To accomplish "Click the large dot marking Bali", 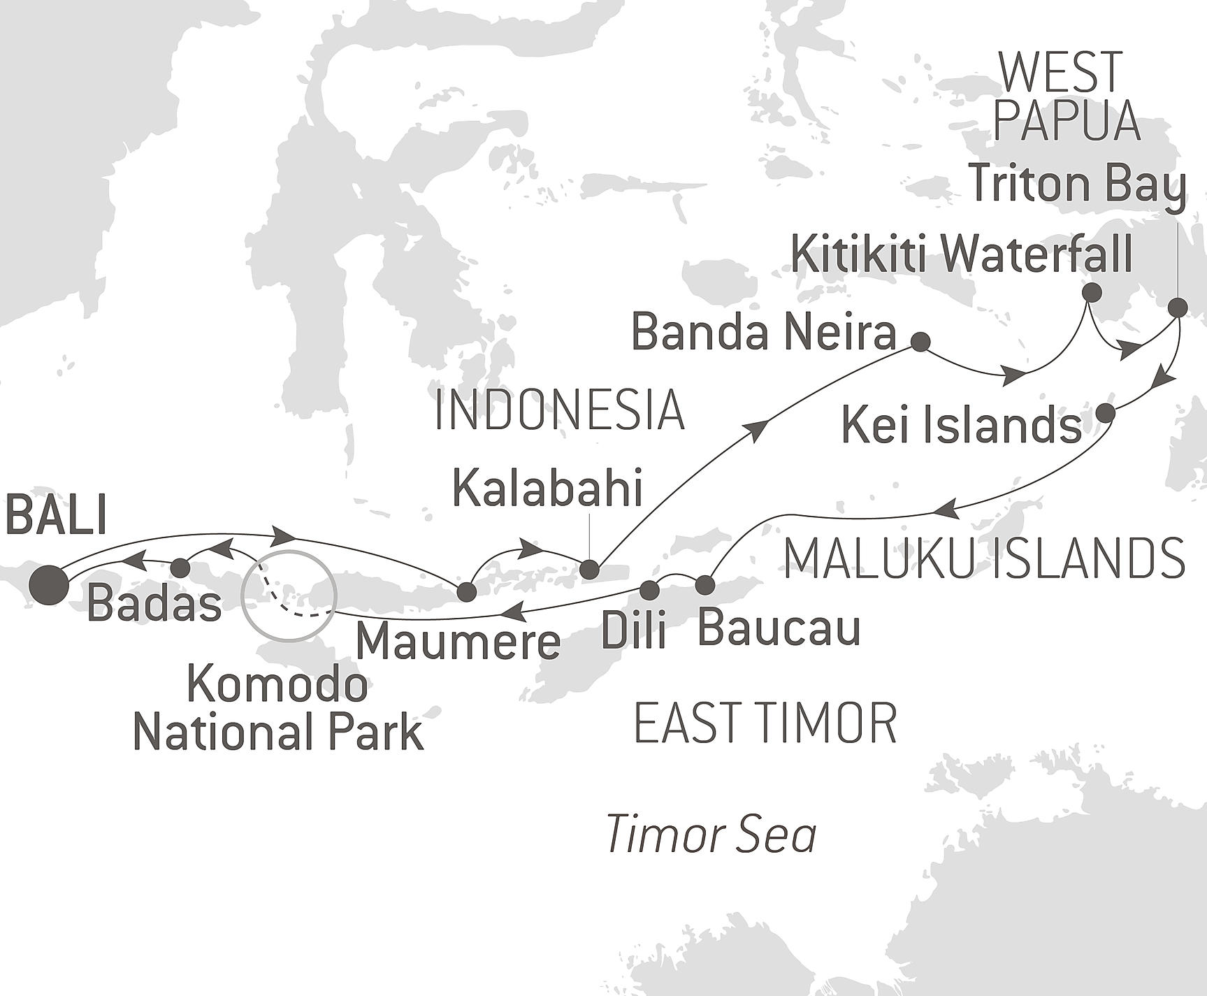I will coord(50,584).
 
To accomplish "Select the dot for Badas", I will coord(180,567).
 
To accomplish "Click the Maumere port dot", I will coord(466,592).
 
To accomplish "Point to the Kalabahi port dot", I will coord(591,570).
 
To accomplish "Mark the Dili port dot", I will coord(650,590).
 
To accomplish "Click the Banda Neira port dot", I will coord(921,342).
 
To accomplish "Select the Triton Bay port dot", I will coord(1178,307).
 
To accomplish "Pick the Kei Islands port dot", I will coord(1105,413).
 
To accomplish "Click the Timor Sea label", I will coord(711,834).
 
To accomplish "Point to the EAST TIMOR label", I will coord(765,723).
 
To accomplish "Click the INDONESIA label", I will coord(559,410).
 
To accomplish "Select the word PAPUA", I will coord(1066,122).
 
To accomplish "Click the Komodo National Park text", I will coord(278,709).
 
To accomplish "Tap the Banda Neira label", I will coord(763,332).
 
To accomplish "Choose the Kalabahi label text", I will coord(547,489).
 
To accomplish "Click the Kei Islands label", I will coord(961,425).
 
